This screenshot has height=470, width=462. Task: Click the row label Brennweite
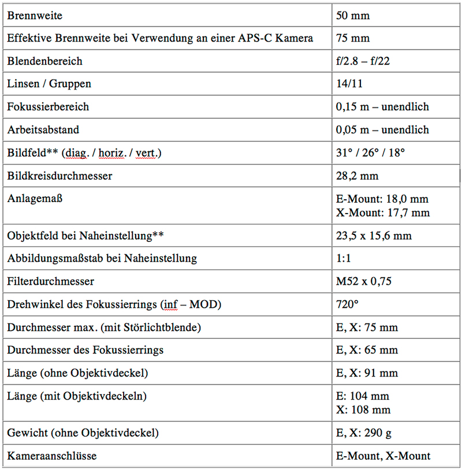pos(35,16)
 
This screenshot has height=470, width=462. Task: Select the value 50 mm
pos(352,16)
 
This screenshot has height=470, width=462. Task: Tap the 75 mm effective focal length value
pos(352,39)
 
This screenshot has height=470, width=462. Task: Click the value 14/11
pos(349,84)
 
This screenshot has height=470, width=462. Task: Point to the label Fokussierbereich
pos(48,107)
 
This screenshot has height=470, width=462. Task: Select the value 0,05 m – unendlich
pos(382,130)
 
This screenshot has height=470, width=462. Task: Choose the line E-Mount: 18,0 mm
pos(382,199)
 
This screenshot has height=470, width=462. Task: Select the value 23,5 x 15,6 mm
pos(374,236)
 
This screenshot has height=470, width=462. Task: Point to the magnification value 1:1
pos(344,259)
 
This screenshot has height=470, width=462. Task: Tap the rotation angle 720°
pos(348,304)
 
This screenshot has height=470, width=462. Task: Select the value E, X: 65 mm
pos(367,350)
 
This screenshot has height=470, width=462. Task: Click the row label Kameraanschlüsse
pos(52,456)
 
